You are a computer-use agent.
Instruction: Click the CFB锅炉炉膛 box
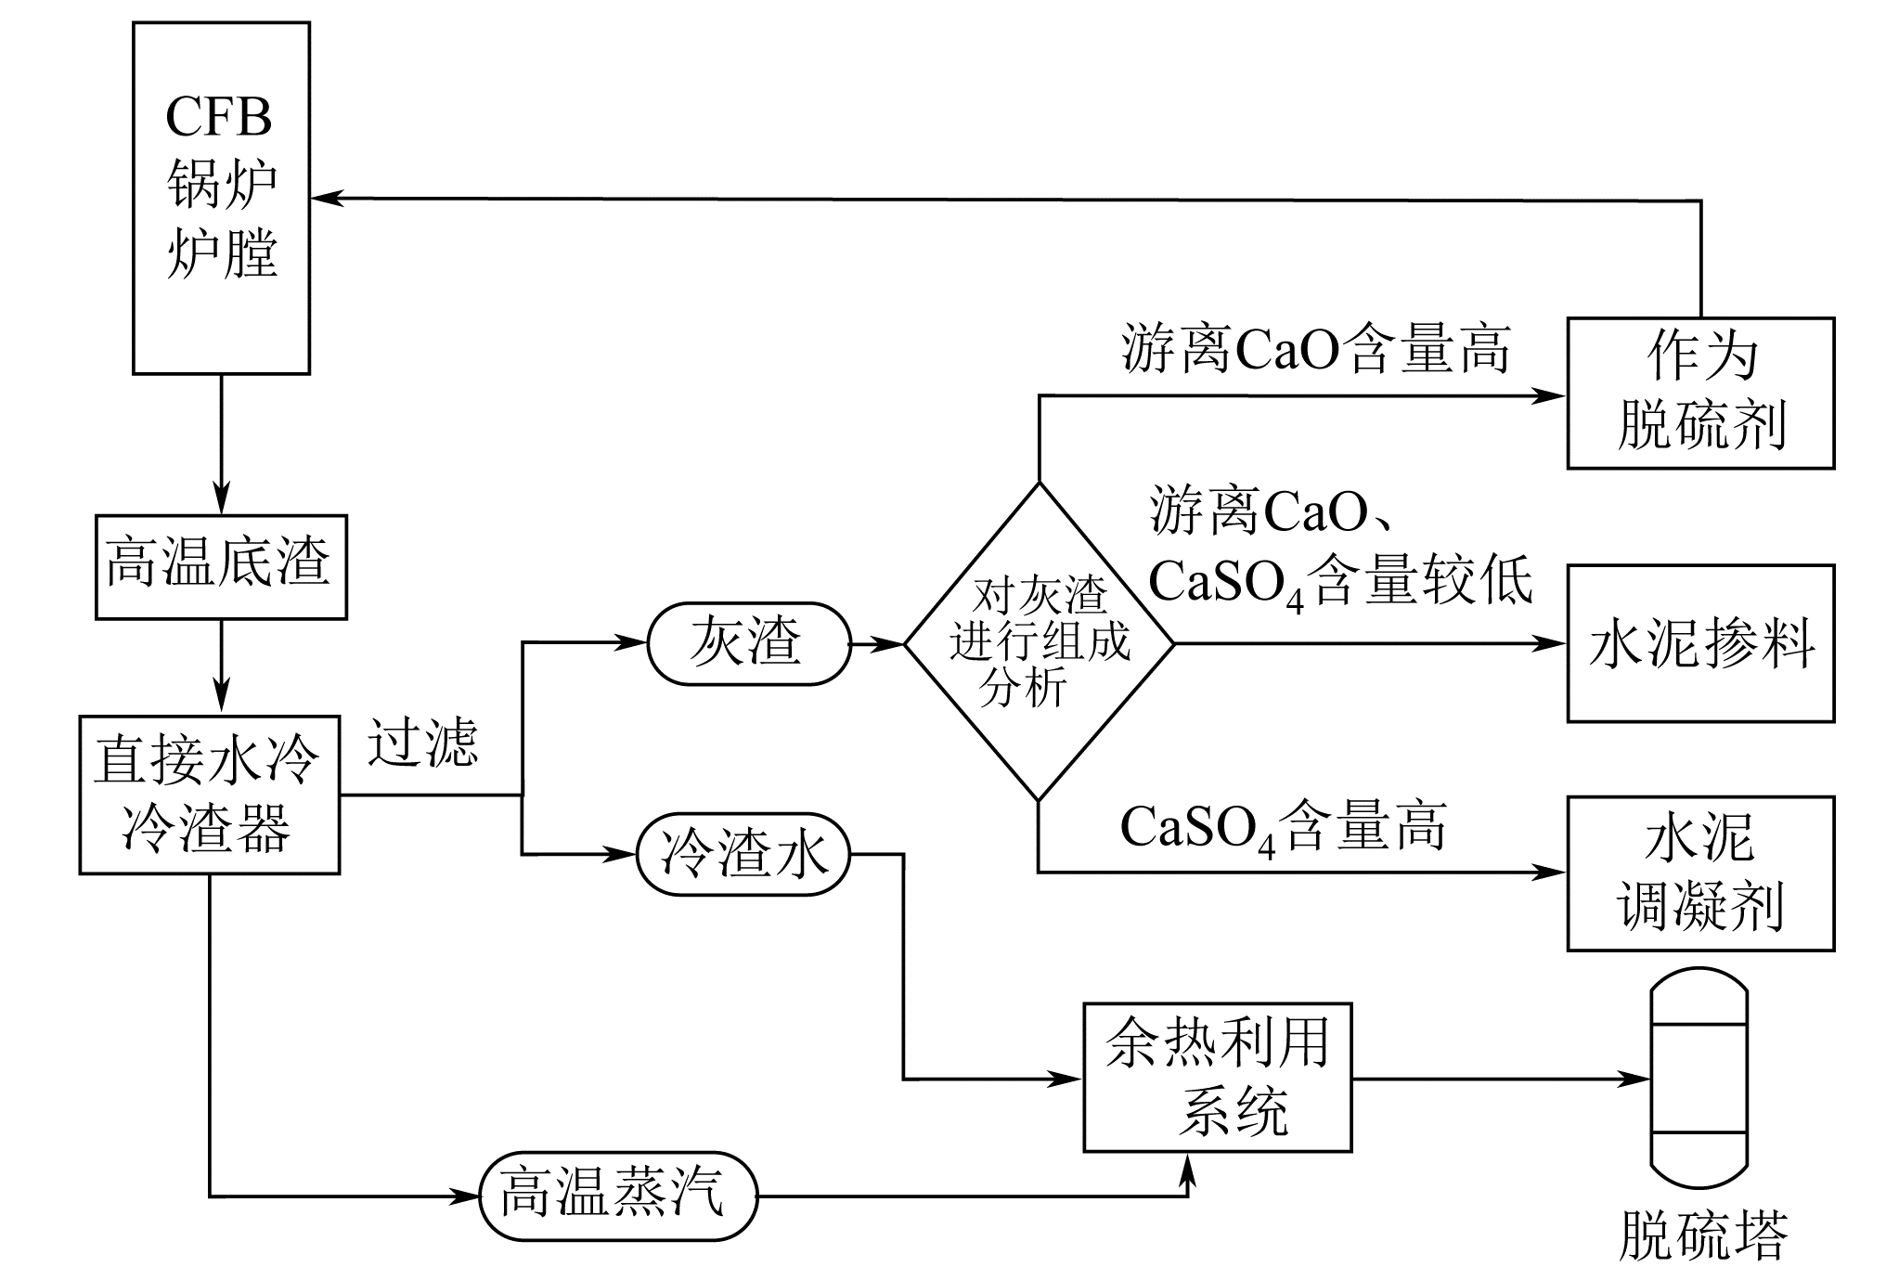(x=221, y=198)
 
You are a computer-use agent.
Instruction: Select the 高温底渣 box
(x=221, y=566)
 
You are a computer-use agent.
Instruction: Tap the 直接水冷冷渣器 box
(x=209, y=795)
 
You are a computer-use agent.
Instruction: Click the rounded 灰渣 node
(x=748, y=643)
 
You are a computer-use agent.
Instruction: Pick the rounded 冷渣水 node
(x=743, y=854)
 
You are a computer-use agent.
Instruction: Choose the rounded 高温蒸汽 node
(x=618, y=1196)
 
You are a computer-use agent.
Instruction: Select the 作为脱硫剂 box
(x=1700, y=393)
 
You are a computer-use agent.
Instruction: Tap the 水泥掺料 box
(x=1700, y=643)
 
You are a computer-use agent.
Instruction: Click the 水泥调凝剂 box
(x=1700, y=873)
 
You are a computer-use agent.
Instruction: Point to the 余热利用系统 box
(x=1218, y=1077)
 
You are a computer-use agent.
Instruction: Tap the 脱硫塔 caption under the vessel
(x=1702, y=1235)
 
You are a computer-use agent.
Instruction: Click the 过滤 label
(x=422, y=743)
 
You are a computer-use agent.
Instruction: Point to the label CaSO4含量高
(x=1283, y=827)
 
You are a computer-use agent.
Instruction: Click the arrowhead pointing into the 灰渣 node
(x=635, y=642)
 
